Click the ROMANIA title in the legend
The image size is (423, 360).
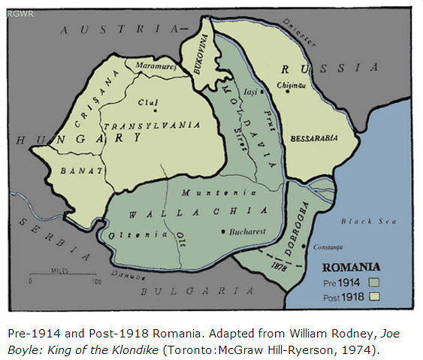click(351, 266)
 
